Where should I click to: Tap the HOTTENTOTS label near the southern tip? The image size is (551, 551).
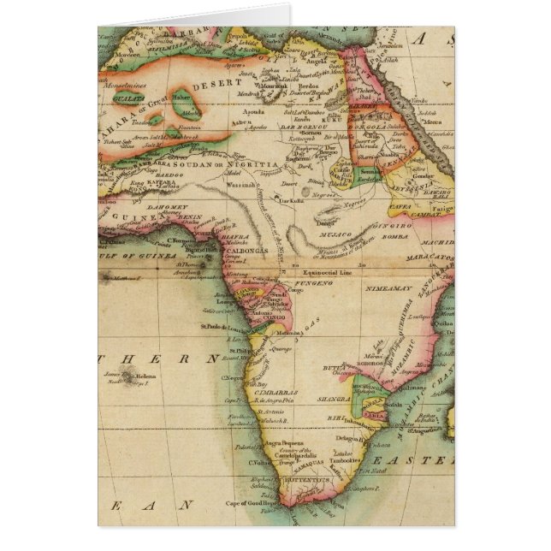[x=308, y=480]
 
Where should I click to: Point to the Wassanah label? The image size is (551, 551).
[x=240, y=181]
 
